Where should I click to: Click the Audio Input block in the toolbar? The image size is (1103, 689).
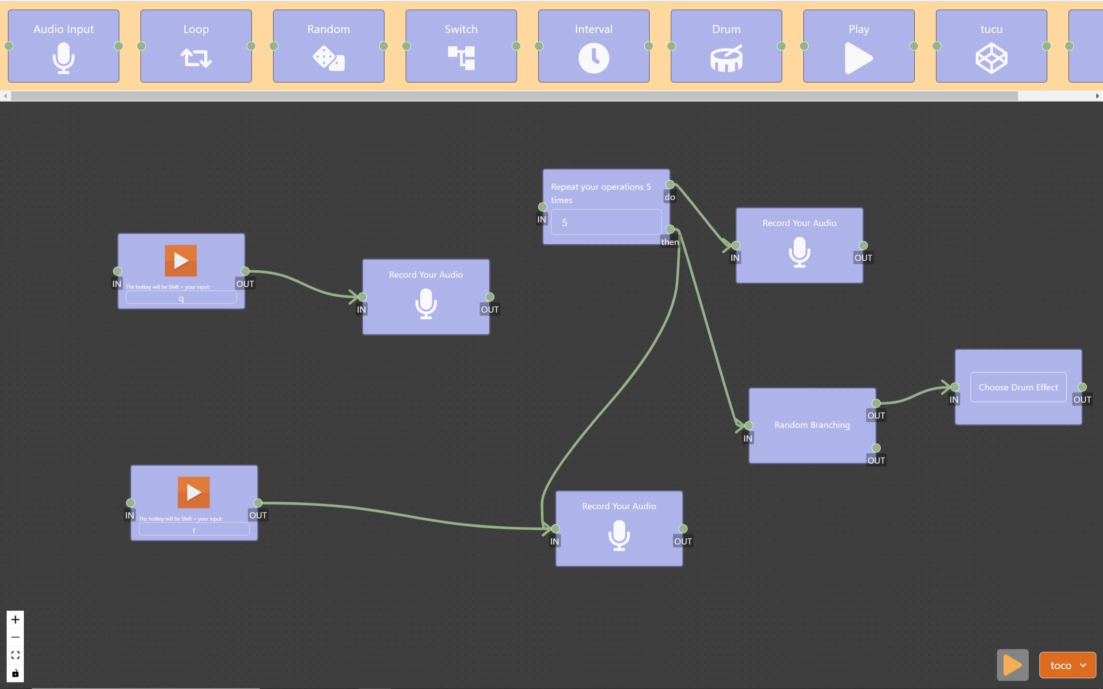click(x=63, y=46)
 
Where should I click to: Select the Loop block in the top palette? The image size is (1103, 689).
click(x=196, y=46)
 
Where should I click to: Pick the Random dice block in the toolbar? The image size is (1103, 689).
click(x=328, y=46)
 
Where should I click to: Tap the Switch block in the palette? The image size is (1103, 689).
click(x=461, y=46)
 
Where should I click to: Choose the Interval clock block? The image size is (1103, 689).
click(x=593, y=46)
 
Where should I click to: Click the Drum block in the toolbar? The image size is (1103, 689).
click(x=726, y=46)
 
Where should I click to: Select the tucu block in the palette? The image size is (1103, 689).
click(x=991, y=46)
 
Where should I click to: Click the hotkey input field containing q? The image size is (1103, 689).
click(x=181, y=298)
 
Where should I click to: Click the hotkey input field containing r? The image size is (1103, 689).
click(x=194, y=530)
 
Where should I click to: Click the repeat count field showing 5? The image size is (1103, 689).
click(x=606, y=222)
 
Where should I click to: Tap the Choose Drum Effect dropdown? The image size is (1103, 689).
click(x=1018, y=387)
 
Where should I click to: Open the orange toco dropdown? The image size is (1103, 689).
click(x=1067, y=665)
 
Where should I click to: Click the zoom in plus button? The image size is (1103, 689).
click(x=15, y=620)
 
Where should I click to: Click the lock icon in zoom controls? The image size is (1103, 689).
click(x=15, y=673)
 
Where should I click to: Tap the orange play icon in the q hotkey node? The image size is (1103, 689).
click(x=181, y=261)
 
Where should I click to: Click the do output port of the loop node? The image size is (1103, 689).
click(x=670, y=185)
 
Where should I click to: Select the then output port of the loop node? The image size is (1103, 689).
click(x=670, y=229)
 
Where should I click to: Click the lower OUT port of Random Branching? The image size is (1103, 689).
click(x=876, y=448)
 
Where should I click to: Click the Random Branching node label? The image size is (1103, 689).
click(x=812, y=425)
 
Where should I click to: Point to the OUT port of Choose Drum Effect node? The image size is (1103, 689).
click(x=1082, y=387)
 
